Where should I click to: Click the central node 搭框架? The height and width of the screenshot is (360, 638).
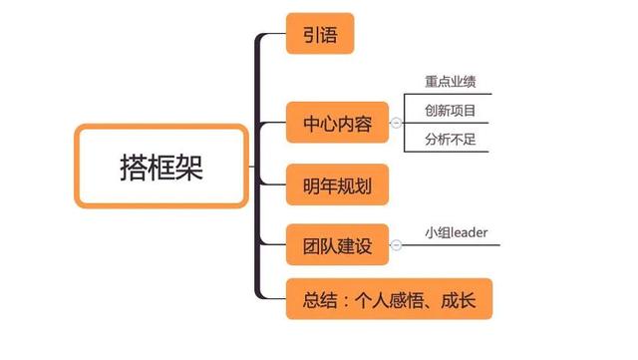[x=160, y=167]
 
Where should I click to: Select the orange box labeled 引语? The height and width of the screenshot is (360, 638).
[x=320, y=37]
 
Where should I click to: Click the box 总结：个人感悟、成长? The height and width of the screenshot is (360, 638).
[x=389, y=299]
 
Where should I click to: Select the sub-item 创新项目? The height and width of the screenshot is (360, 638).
[x=451, y=111]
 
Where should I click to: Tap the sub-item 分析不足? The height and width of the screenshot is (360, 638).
[x=451, y=139]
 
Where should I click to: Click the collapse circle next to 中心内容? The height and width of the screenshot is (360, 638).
[x=396, y=124]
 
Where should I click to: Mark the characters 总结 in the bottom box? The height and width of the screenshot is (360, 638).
[x=319, y=299]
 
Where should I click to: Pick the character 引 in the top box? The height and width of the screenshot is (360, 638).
[x=310, y=37]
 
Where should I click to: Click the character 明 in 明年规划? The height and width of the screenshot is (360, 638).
[x=310, y=185]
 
